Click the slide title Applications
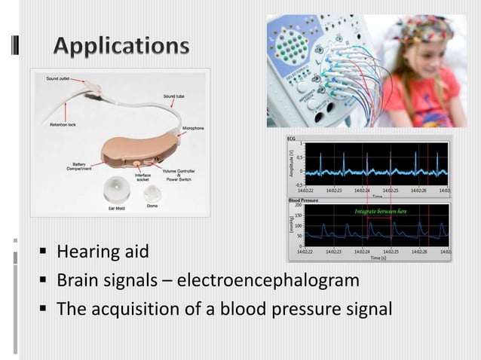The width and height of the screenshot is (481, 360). click(121, 46)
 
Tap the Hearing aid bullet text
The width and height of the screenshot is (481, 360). click(103, 252)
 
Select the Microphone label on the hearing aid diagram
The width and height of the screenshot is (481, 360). click(192, 129)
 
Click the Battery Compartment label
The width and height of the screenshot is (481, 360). click(84, 166)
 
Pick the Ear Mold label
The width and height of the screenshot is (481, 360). click(117, 208)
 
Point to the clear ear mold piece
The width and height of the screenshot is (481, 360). click(117, 188)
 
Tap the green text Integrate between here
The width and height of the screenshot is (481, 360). click(380, 212)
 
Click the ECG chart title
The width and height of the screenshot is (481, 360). click(292, 139)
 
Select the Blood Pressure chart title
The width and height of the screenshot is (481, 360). click(305, 201)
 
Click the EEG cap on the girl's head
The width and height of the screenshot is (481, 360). click(426, 29)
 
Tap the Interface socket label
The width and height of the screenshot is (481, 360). click(142, 178)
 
